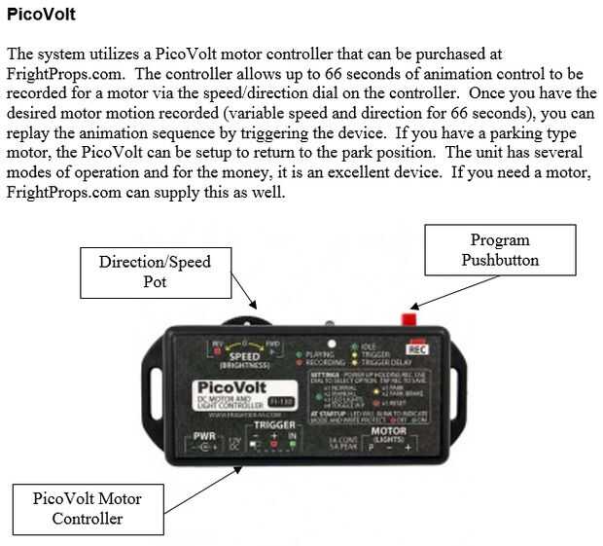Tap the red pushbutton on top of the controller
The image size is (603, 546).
point(409,318)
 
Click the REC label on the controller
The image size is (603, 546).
point(417,348)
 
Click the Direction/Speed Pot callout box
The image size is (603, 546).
point(155,272)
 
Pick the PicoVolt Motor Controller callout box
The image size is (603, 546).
point(87,507)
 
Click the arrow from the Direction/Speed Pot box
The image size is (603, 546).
point(246,298)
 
